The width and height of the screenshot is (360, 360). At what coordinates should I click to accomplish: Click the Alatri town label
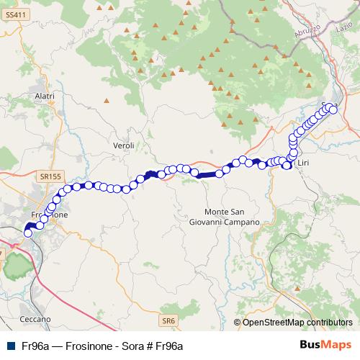tap(45, 96)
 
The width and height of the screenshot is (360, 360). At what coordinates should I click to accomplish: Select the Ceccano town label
tap(35, 318)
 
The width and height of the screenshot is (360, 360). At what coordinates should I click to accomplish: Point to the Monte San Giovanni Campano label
tap(229, 217)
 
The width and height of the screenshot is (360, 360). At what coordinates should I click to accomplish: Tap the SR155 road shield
tap(51, 175)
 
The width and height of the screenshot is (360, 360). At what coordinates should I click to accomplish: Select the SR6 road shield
tap(168, 319)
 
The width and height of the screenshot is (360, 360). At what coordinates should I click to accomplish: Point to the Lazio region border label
tap(341, 28)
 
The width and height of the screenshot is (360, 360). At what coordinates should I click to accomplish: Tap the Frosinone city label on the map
tap(50, 215)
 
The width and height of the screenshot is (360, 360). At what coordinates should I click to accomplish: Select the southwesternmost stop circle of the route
tap(28, 233)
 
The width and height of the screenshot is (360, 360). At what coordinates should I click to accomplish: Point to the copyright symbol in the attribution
tap(237, 323)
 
